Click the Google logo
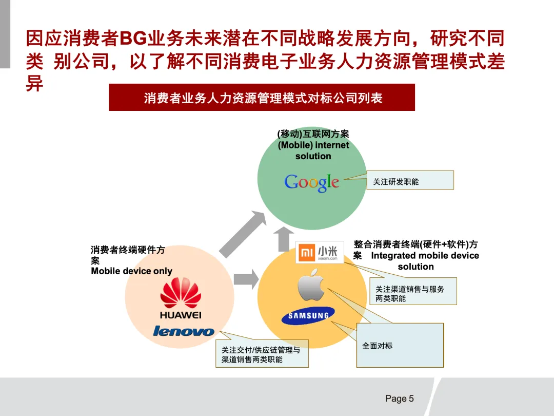point(312,182)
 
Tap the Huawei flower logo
point(181,293)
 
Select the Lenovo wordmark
point(183,331)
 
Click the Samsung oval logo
point(308,316)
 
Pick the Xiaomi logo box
point(320,253)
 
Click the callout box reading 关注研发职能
point(410,180)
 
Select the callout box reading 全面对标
point(400,345)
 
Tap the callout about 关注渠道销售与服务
point(413,291)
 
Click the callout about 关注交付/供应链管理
point(262,353)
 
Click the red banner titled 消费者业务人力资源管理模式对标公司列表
point(262,98)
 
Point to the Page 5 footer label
point(399,399)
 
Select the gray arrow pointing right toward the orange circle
point(246,279)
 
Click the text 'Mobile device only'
point(131,271)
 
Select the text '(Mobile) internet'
point(313,145)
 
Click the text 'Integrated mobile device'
point(425,256)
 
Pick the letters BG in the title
point(133,38)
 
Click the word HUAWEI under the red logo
point(181,315)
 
